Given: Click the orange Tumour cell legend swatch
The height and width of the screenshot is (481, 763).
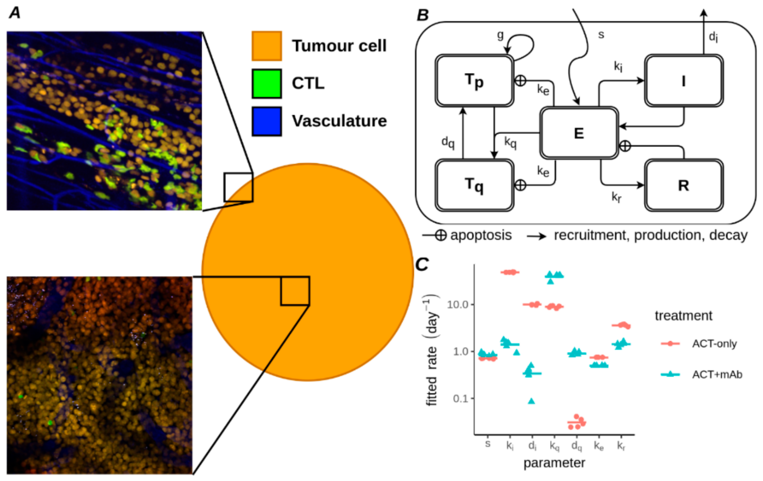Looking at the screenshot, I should pos(267,46).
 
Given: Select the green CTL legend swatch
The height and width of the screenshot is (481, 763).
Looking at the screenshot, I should pos(267,84).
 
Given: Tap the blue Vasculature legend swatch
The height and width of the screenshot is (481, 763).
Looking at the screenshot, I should pos(267,121).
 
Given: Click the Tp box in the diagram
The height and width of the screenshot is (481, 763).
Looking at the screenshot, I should pos(474,81).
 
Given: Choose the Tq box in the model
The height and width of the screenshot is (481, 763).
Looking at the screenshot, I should pos(474,185).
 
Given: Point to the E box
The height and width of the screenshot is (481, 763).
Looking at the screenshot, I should pos(579,133).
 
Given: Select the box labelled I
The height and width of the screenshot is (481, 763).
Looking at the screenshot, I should pos(683,81).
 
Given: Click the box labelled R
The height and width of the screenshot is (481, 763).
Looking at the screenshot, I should pos(683,185).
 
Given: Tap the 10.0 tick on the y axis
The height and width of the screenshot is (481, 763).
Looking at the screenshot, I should pos(457,305).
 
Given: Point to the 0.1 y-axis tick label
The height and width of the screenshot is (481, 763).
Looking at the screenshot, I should pos(460,398).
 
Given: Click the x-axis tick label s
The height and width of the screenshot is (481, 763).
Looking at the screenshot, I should pos(488,444).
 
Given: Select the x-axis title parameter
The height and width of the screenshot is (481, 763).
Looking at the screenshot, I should pos(554,463).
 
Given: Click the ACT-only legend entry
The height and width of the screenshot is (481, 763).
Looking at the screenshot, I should pos(714,344).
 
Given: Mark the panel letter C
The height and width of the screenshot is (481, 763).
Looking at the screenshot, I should pos(422,264).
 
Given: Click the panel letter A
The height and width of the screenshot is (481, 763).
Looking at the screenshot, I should pos(15,13).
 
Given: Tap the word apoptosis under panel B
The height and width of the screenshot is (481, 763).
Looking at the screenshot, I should pos(481,235).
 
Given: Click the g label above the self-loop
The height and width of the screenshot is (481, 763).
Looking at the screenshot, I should pos(500,35).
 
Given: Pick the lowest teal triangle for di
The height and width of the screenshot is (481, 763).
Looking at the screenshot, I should pos(531,401).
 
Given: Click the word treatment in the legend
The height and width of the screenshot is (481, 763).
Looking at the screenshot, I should pos(683,316).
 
